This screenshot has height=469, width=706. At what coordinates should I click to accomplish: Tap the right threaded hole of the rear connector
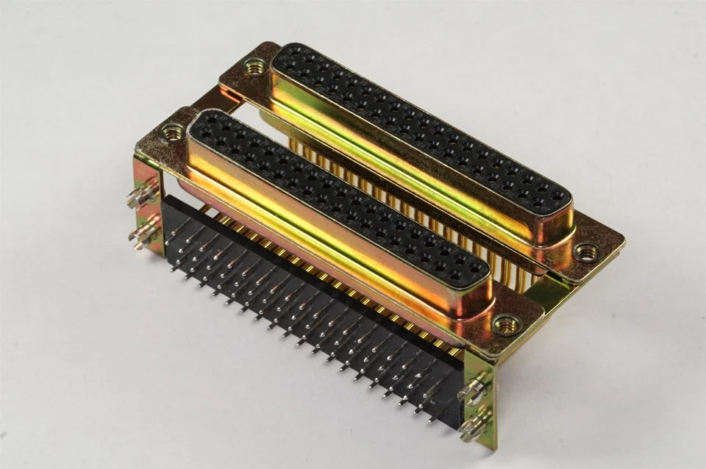tap(586, 252)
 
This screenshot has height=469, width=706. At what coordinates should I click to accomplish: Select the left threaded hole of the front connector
tap(173, 132)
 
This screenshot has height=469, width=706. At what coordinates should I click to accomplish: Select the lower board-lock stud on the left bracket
tap(143, 233)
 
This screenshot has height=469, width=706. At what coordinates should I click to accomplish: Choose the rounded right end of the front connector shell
tap(471, 294)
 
